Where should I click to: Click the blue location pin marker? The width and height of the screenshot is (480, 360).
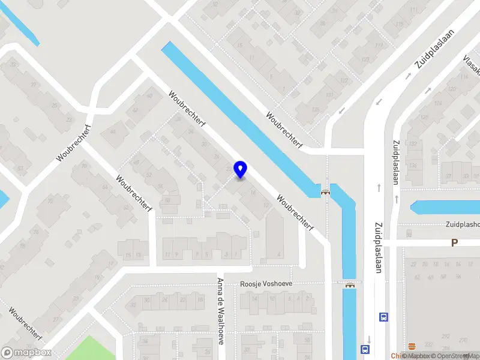[x=240, y=169]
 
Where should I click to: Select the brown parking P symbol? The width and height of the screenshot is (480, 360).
[x=454, y=242]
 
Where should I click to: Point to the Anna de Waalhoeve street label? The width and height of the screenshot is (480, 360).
[x=220, y=310]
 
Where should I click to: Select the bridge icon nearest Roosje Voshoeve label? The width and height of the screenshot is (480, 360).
[x=349, y=285]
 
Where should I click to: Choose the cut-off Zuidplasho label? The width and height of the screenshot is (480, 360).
[x=462, y=224]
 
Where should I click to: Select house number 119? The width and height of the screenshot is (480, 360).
[x=378, y=46]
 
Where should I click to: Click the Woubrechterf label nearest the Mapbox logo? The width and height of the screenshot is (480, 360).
[x=25, y=324]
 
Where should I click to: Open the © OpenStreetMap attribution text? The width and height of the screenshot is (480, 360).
[x=453, y=356]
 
